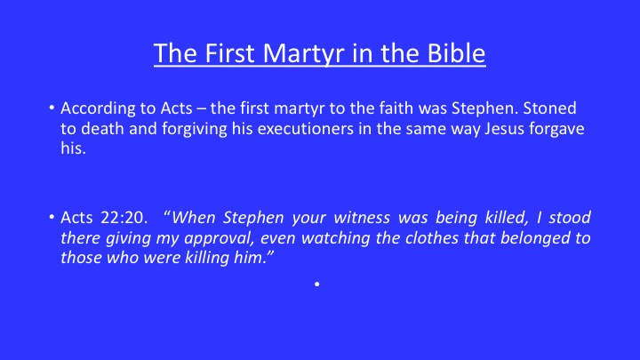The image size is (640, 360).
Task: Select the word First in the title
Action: (230, 53)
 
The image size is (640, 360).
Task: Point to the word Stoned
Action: (550, 108)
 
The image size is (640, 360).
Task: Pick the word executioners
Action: (305, 129)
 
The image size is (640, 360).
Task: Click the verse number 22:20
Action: (124, 218)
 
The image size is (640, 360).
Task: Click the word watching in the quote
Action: (336, 239)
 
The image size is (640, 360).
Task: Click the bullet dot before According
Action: (52, 108)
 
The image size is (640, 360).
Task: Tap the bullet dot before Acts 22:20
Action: (52, 217)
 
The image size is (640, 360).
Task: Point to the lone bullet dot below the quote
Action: (317, 284)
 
